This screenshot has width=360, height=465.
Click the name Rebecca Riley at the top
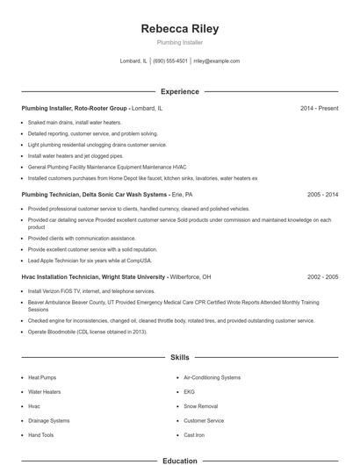[179, 29]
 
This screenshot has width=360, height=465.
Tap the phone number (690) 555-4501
[170, 61]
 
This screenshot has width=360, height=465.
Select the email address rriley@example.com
[216, 61]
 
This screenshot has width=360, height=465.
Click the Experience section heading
[179, 91]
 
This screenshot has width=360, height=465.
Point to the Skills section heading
[179, 358]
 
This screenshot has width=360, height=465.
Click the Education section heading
[179, 460]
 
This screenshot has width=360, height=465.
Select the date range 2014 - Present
[319, 108]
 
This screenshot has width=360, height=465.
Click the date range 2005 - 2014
[322, 194]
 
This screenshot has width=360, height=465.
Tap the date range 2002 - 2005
[322, 276]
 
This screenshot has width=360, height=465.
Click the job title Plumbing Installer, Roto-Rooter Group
[75, 108]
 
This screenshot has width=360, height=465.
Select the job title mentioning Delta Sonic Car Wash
[94, 194]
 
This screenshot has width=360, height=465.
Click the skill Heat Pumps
[42, 377]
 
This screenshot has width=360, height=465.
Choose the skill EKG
[189, 391]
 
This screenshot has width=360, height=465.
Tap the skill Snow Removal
[201, 406]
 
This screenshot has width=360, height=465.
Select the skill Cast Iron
[193, 435]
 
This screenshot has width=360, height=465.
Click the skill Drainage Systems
[48, 420]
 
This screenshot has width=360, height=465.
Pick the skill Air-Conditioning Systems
[212, 377]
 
